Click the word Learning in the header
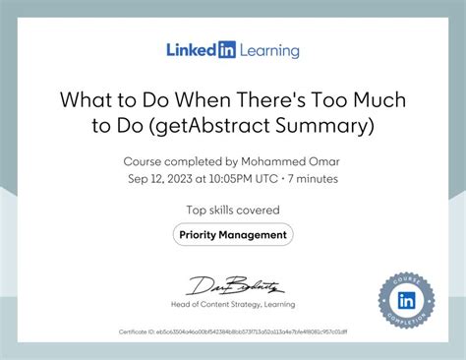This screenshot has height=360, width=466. pos(266,50)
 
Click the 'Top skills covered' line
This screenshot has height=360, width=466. pos(233,210)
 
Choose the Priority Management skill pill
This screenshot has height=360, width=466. pos(233,235)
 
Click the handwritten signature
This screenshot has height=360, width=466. pos(233,286)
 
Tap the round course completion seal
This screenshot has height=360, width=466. pos(406,300)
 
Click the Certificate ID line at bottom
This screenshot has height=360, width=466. pos(233,332)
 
